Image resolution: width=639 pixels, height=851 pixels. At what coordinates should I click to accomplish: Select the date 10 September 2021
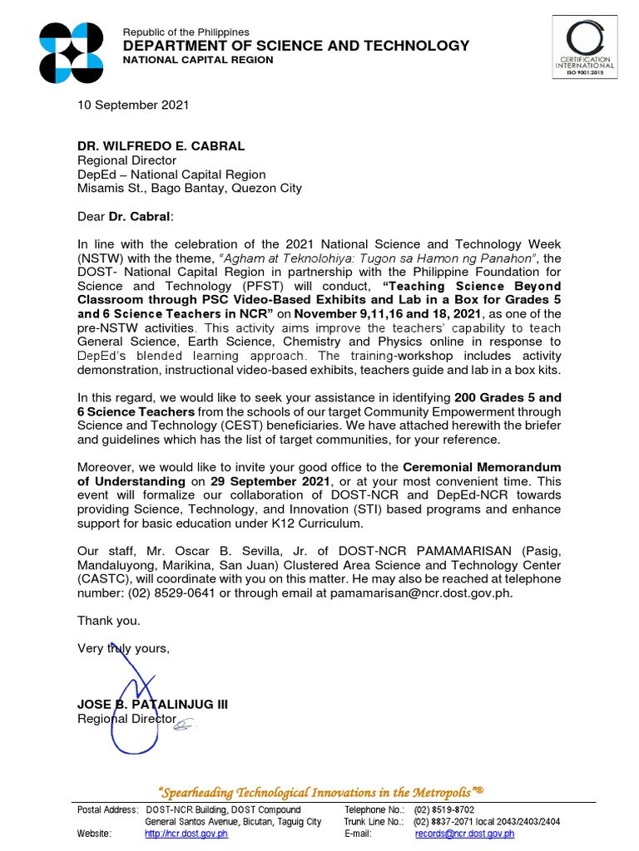coord(133,105)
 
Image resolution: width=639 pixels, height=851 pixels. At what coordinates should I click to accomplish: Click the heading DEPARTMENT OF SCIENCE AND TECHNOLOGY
coord(296,46)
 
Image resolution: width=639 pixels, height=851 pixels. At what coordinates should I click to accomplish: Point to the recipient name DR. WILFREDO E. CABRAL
coord(161,146)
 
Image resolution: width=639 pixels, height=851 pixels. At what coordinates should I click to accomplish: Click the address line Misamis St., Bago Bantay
coord(190,189)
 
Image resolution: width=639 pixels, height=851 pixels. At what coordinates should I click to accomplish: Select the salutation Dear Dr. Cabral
coord(127,216)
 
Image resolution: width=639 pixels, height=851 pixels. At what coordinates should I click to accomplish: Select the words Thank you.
coord(109,621)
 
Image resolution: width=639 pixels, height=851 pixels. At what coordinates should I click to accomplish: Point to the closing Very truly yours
coord(123,648)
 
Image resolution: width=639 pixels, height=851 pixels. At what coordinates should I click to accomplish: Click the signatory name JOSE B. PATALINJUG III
coord(152,705)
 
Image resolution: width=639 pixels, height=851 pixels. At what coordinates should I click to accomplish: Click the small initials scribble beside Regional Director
coord(183,726)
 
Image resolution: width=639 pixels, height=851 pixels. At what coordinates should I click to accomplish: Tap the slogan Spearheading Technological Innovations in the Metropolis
coord(319,791)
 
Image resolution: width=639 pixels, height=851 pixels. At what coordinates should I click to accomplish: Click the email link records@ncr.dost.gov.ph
coord(464,834)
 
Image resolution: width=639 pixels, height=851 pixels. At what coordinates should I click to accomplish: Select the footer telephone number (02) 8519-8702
coord(444,809)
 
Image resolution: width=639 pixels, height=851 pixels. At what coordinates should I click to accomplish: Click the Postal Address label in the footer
coord(107,809)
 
